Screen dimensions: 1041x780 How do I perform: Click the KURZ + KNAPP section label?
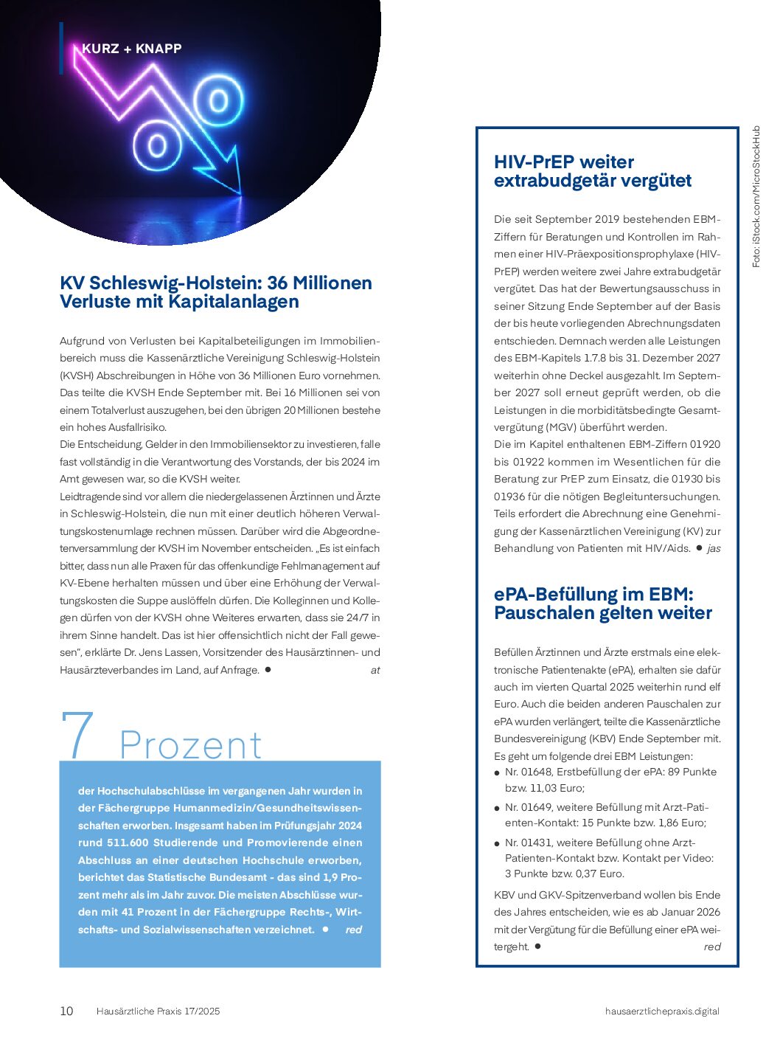(x=131, y=49)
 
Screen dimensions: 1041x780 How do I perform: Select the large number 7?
(x=77, y=734)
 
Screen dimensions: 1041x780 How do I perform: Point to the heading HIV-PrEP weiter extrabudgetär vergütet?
(x=592, y=171)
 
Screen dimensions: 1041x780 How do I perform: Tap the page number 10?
(x=66, y=1011)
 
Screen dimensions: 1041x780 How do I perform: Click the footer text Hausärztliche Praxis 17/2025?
(x=158, y=1011)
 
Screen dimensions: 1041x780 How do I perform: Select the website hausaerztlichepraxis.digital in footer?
(x=661, y=1011)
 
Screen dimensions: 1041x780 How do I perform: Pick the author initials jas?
(x=714, y=548)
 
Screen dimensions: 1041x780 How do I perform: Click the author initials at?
(x=375, y=670)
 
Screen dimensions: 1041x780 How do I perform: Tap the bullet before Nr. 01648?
(x=498, y=773)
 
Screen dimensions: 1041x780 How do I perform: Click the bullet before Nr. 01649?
(x=498, y=809)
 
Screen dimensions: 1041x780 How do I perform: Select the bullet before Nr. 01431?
(x=498, y=843)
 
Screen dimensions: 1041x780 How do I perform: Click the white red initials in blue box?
(x=354, y=930)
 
